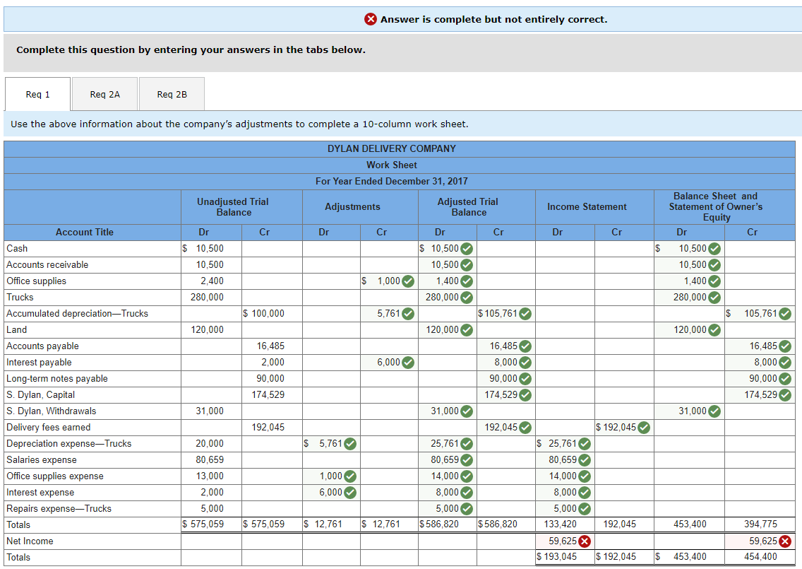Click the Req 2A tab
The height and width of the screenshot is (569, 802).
[x=104, y=94]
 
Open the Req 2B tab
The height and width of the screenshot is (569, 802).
[x=172, y=94]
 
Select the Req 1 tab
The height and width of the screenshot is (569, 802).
[x=37, y=94]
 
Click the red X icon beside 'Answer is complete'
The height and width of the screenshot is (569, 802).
[x=371, y=19]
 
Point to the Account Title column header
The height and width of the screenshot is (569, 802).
[x=84, y=232]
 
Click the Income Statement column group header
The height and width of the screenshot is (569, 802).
[x=586, y=206]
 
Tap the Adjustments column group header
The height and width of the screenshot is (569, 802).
[x=352, y=206]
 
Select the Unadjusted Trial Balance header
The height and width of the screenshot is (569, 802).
[x=232, y=206]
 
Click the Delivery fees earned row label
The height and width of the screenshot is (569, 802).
[x=48, y=427]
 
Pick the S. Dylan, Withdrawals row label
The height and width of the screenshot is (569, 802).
[x=51, y=411]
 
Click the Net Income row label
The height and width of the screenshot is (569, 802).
[x=30, y=541]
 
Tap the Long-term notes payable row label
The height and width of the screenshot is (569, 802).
[x=56, y=378]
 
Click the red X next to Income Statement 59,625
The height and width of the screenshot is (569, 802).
[x=585, y=541]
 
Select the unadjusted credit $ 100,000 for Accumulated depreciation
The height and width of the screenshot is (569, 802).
[x=263, y=313]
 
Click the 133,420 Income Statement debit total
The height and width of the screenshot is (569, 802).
[x=561, y=524]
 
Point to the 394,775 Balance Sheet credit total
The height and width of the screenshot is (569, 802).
[x=760, y=524]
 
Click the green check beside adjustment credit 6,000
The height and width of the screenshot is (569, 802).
[x=408, y=363]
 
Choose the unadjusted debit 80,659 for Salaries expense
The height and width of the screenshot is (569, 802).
[x=210, y=459]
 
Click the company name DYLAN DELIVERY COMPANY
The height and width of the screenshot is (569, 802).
[x=391, y=148]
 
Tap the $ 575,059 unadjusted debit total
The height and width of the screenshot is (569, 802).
[x=203, y=524]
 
